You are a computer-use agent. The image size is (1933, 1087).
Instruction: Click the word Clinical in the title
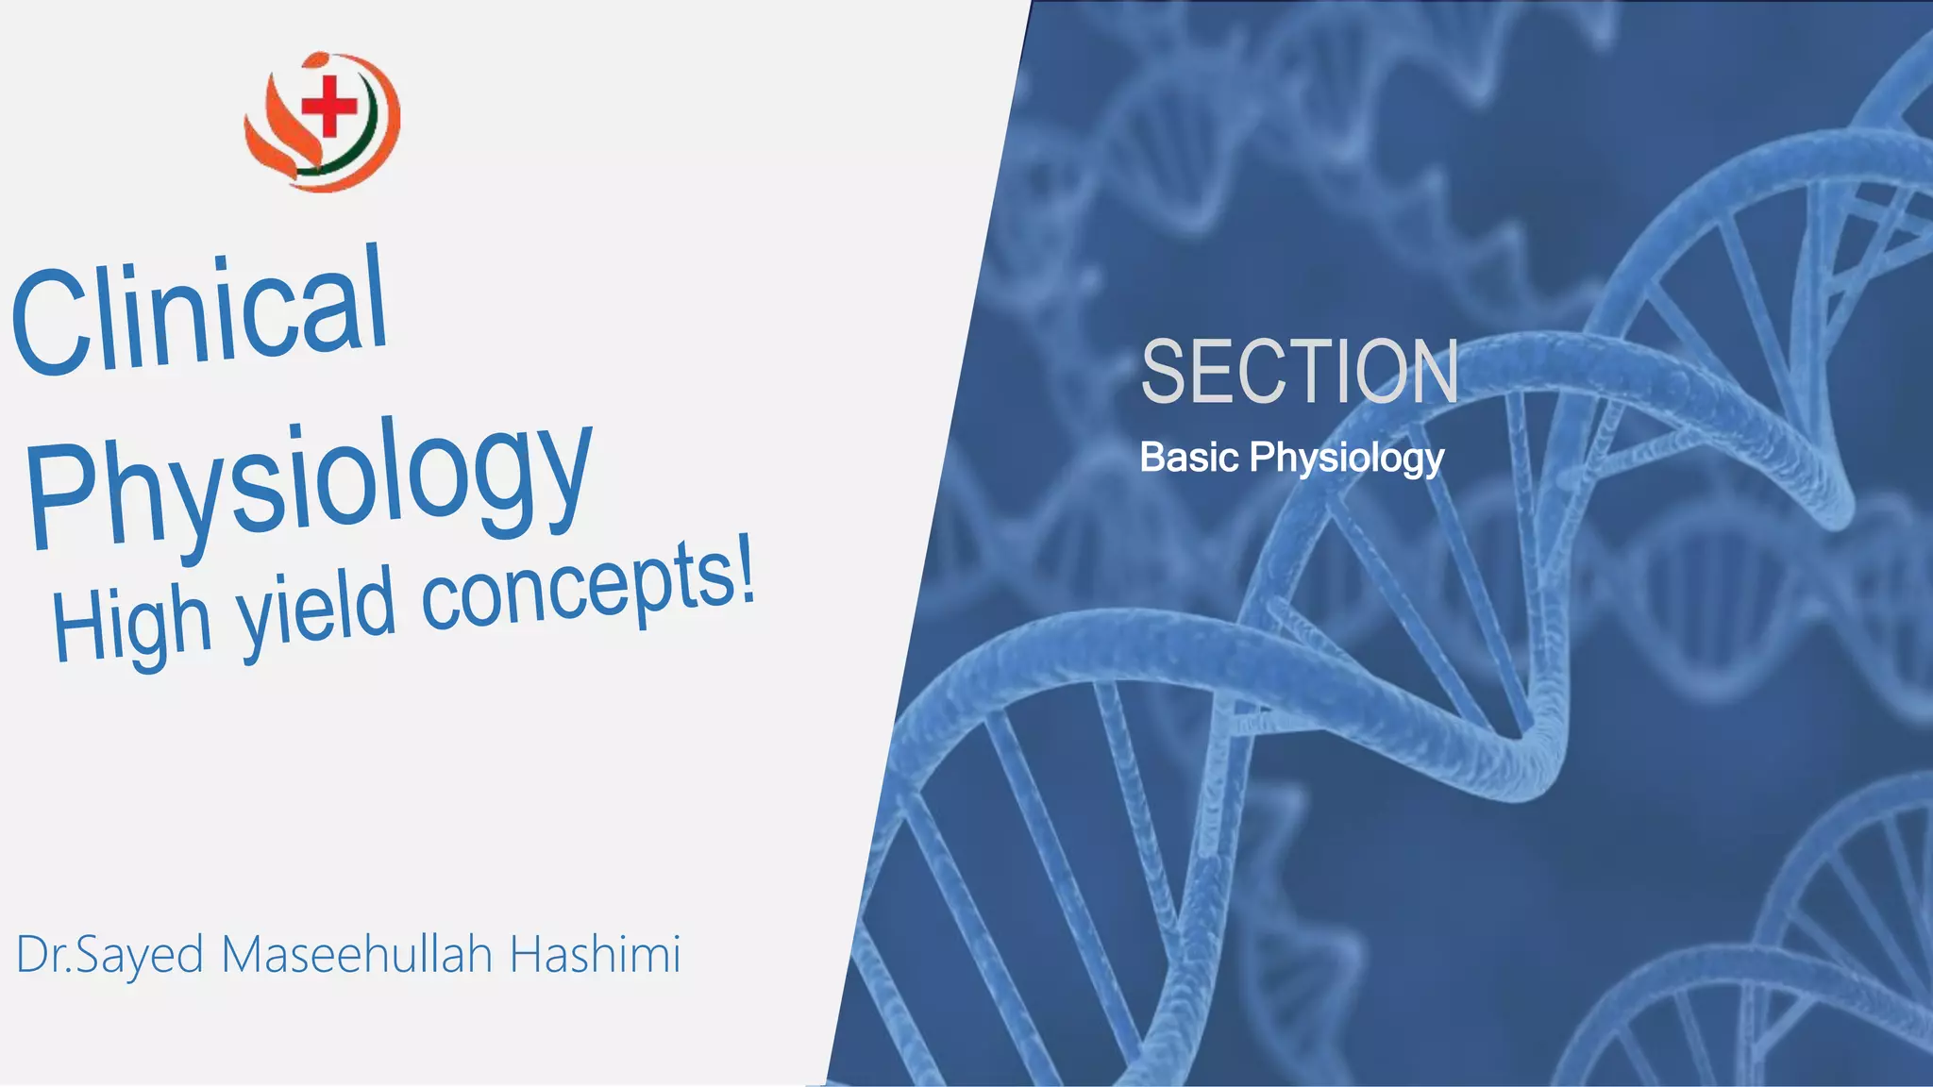click(200, 311)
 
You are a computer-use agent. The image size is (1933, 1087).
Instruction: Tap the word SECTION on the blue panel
click(1300, 372)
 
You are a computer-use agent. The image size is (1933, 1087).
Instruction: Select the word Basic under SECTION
click(1188, 458)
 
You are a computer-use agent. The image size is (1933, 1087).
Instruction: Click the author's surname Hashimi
click(595, 954)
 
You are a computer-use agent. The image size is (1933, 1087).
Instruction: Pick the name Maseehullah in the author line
click(357, 954)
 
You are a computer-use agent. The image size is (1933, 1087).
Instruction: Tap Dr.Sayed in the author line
click(109, 956)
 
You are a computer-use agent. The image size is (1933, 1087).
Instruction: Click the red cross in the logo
click(329, 105)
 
